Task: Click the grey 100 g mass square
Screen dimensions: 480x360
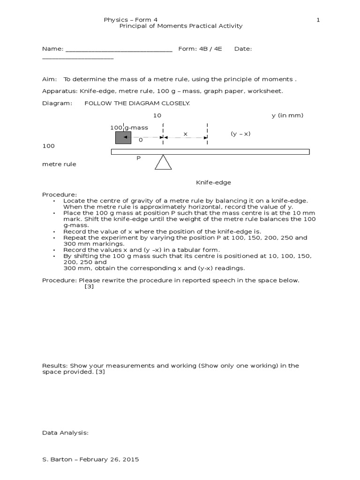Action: pyautogui.click(x=123, y=137)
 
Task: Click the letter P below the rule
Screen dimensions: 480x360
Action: pyautogui.click(x=138, y=158)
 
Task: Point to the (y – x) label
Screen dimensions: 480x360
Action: pyautogui.click(x=240, y=134)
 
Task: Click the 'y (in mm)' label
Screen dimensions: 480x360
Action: pyautogui.click(x=287, y=115)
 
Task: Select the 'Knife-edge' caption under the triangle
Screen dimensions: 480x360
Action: pyautogui.click(x=213, y=182)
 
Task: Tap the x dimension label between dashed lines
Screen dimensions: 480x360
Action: pyautogui.click(x=185, y=134)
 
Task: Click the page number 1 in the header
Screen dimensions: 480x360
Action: pyautogui.click(x=318, y=20)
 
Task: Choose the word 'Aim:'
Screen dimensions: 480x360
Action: pyautogui.click(x=50, y=79)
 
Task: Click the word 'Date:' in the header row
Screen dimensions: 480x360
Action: pyautogui.click(x=243, y=49)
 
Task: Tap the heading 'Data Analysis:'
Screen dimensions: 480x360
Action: pyautogui.click(x=65, y=433)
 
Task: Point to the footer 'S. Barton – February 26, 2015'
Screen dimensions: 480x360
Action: pyautogui.click(x=90, y=459)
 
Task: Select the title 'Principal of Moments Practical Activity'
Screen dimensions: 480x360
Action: pyautogui.click(x=181, y=26)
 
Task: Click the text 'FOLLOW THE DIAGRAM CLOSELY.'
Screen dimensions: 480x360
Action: pyautogui.click(x=137, y=103)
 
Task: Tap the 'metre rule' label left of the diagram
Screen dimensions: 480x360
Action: pyautogui.click(x=59, y=165)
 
